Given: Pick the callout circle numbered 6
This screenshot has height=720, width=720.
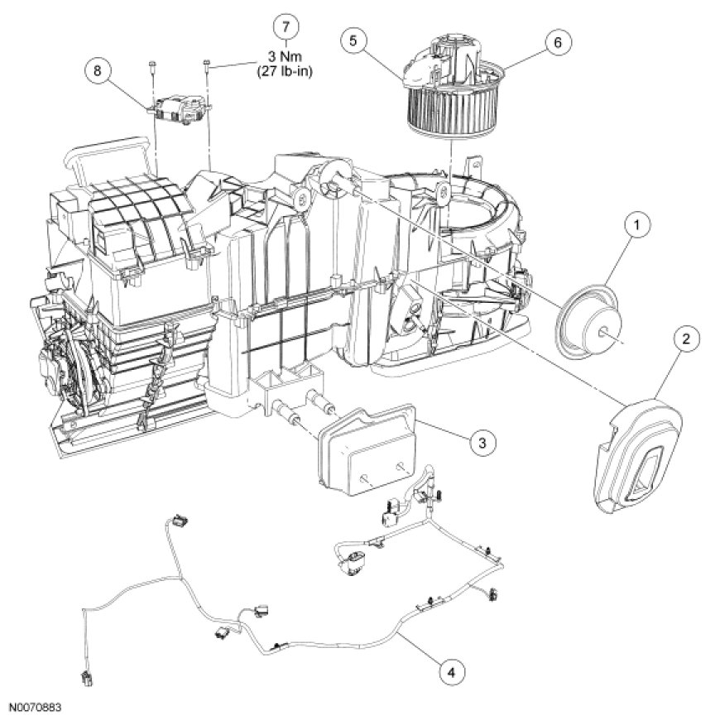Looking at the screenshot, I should point(558,42).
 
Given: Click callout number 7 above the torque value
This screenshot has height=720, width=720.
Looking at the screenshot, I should point(286,28).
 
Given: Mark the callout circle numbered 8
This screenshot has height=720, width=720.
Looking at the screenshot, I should point(98,71).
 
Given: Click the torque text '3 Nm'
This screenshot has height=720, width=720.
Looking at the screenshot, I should point(286,56).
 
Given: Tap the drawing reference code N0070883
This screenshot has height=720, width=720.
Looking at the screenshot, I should point(36,709).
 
